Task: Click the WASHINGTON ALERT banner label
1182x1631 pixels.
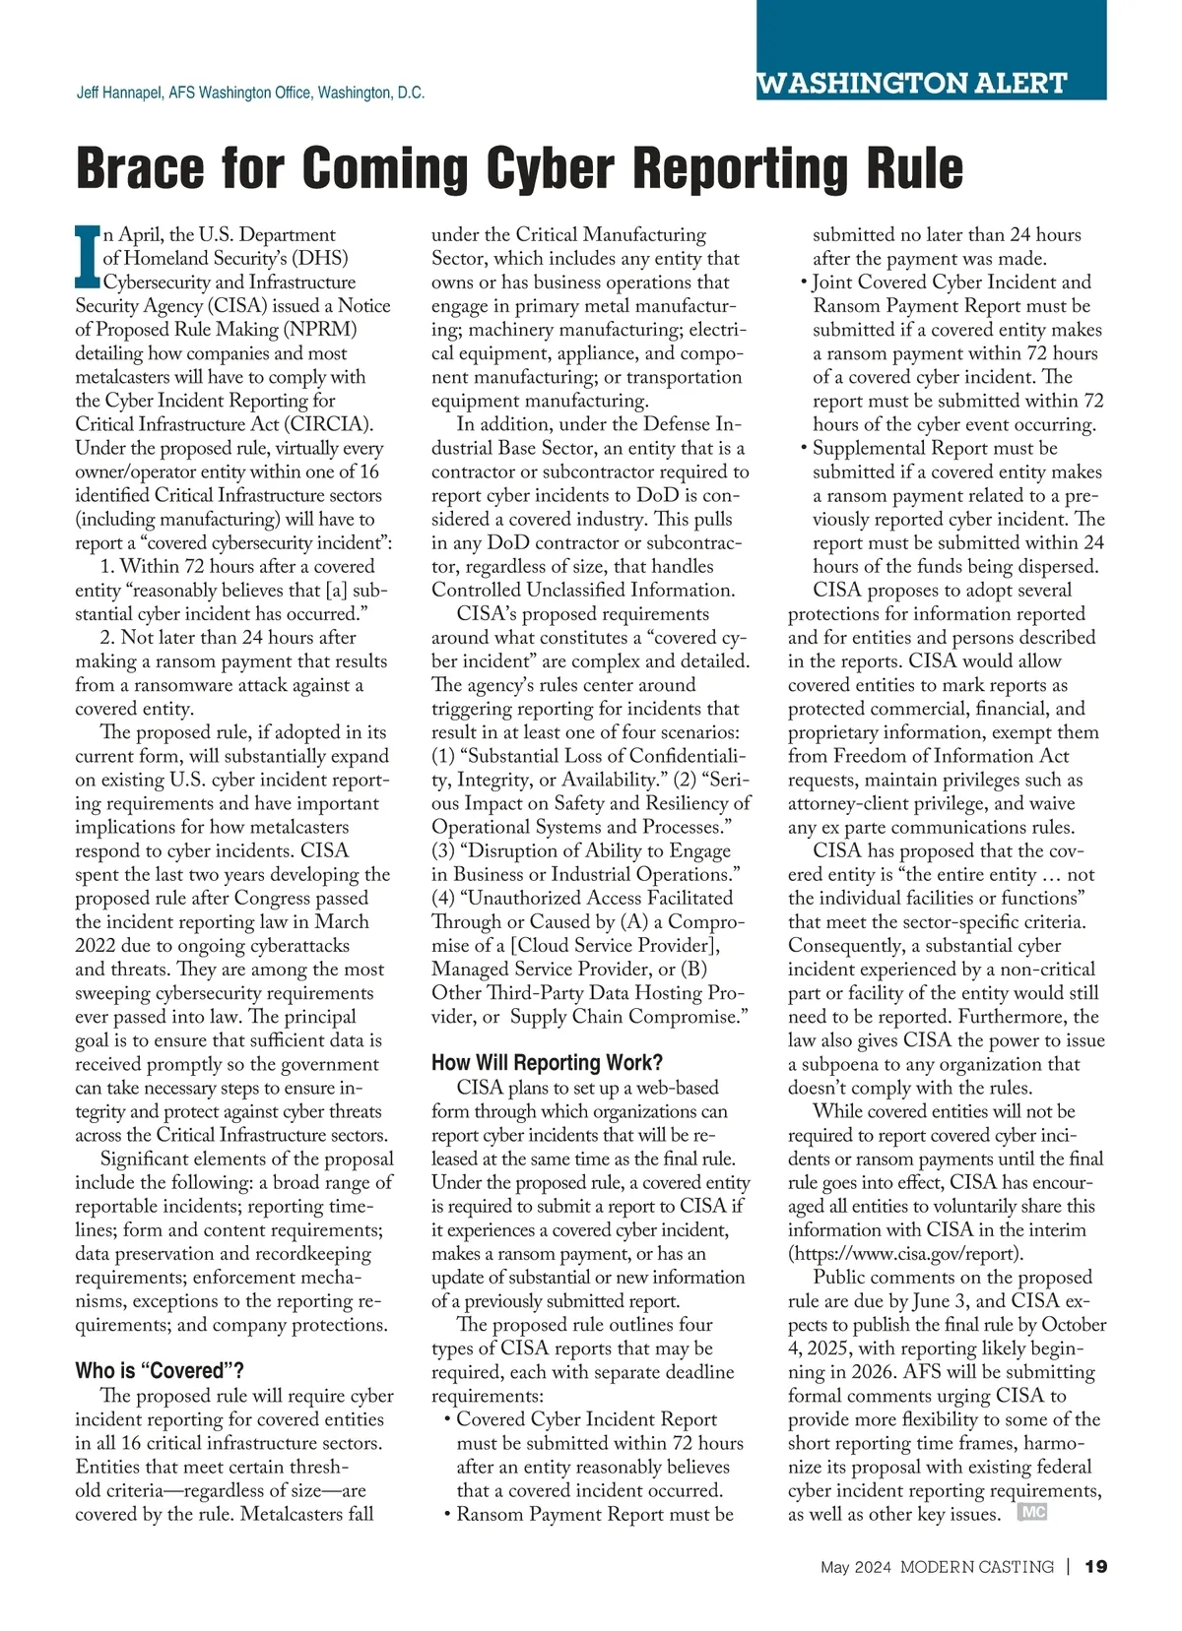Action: (912, 84)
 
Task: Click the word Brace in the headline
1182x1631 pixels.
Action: (138, 169)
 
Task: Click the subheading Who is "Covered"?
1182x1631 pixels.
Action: (160, 1371)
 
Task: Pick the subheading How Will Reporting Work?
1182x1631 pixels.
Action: (547, 1063)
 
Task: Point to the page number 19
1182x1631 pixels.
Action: (1095, 1567)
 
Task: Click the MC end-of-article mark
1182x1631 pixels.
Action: (1032, 1513)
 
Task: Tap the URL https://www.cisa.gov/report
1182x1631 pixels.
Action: (905, 1254)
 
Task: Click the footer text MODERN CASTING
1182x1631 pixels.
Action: (976, 1567)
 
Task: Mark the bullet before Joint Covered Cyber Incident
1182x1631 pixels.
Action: (804, 283)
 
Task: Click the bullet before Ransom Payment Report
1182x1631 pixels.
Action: (447, 1515)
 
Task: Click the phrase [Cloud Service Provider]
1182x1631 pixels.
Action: (615, 946)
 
